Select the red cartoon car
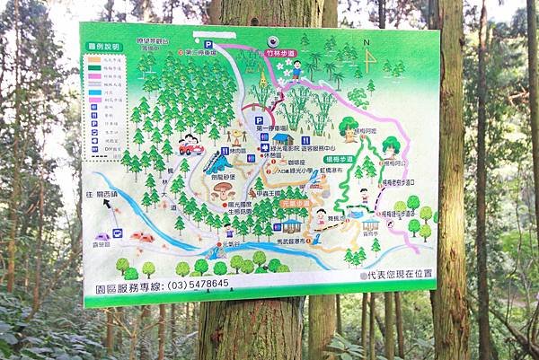pyautogui.click(x=190, y=145)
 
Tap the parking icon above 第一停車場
pyautogui.click(x=259, y=119)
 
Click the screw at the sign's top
pyautogui.click(x=272, y=41)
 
